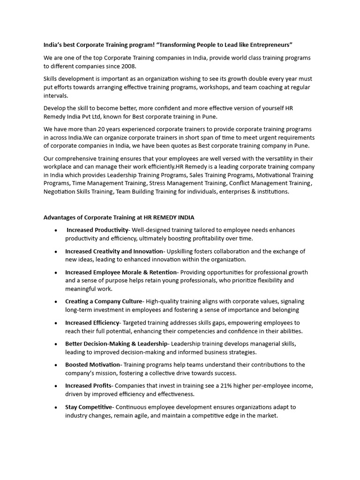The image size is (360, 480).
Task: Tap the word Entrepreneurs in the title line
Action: click(269, 45)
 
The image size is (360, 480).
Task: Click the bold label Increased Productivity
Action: click(97, 230)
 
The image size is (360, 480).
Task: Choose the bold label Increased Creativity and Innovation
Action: click(114, 251)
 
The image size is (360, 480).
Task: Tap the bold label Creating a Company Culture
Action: click(103, 301)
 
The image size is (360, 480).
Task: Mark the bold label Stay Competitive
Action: click(89, 407)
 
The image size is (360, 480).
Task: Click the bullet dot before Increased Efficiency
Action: click(56, 323)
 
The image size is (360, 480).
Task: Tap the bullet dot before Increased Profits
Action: click(56, 386)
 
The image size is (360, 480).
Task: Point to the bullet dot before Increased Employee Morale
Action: click(56, 273)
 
